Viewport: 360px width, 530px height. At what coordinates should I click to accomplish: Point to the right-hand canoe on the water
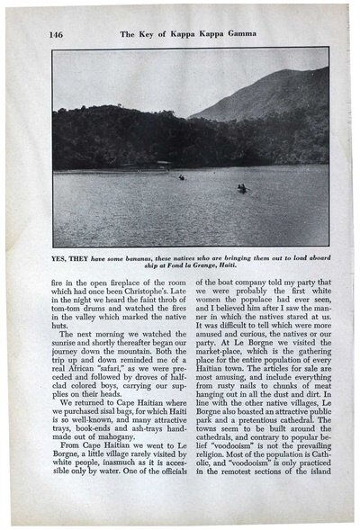(241, 188)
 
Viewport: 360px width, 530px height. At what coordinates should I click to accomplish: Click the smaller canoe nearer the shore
(182, 177)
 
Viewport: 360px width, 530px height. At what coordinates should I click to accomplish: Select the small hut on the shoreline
(162, 164)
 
